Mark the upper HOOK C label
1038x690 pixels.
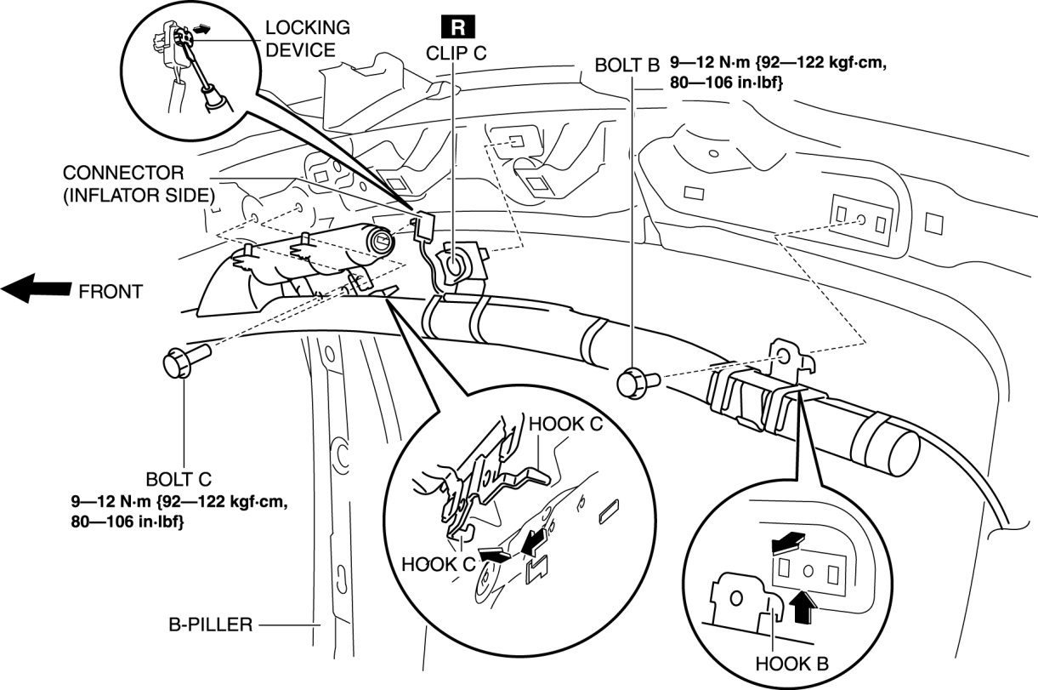(565, 424)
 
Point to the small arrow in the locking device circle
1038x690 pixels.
(200, 51)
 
